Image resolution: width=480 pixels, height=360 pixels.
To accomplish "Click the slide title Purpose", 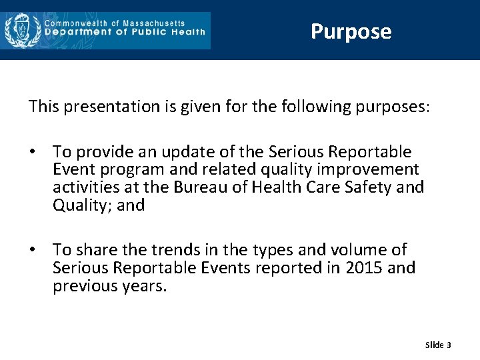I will [351, 31].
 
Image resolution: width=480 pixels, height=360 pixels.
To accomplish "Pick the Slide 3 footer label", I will [438, 345].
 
